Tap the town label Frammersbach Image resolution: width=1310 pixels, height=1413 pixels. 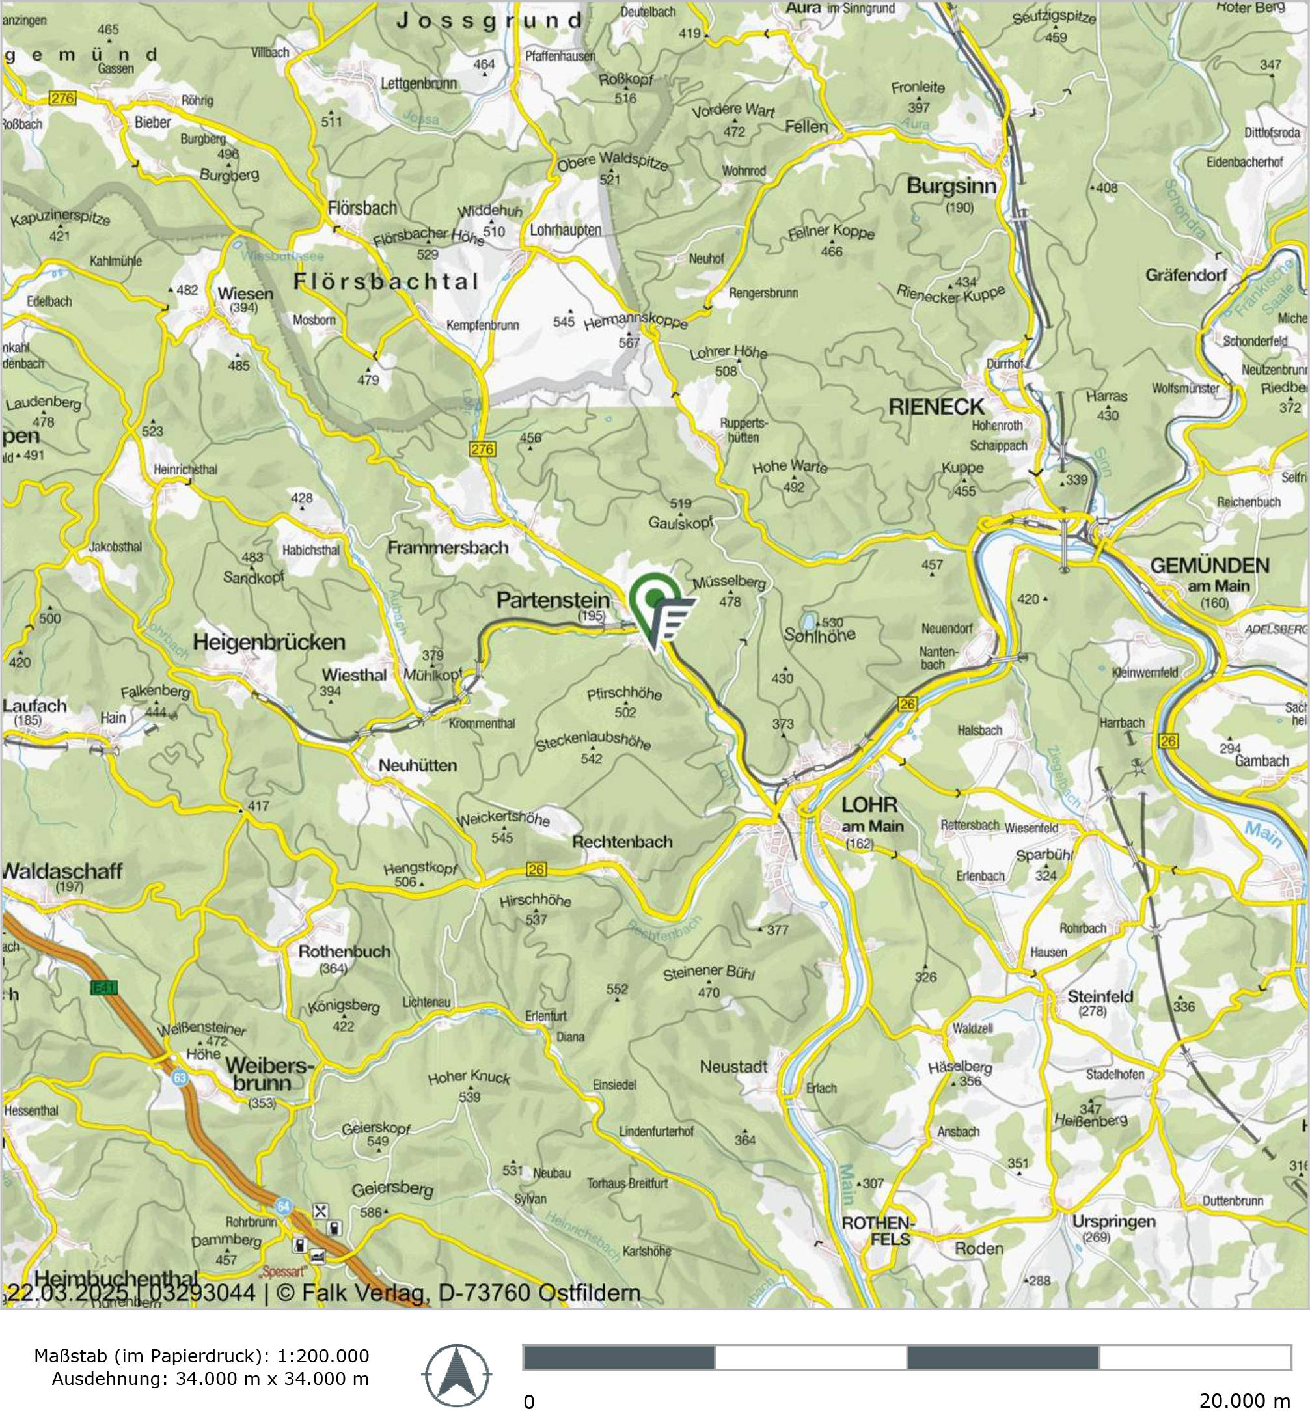click(447, 547)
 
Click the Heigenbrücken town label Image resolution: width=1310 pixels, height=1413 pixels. click(269, 642)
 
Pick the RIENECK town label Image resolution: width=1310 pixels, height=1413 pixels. click(936, 407)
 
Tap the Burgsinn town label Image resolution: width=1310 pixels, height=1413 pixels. click(951, 186)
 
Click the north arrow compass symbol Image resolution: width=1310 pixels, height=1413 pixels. click(457, 1375)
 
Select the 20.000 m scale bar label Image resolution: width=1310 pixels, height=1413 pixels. click(1244, 1400)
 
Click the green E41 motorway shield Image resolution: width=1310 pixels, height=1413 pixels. click(104, 987)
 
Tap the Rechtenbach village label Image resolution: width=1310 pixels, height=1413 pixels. click(621, 842)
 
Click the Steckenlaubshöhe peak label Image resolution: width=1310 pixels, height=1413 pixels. click(593, 741)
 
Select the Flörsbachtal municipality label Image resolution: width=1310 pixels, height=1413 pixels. click(387, 281)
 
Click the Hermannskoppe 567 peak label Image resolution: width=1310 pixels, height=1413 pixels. click(635, 323)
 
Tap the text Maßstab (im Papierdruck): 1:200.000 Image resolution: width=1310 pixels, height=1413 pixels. click(201, 1356)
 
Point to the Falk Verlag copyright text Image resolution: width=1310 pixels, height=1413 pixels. click(457, 1293)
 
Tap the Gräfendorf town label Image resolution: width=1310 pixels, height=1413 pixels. click(1185, 275)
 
